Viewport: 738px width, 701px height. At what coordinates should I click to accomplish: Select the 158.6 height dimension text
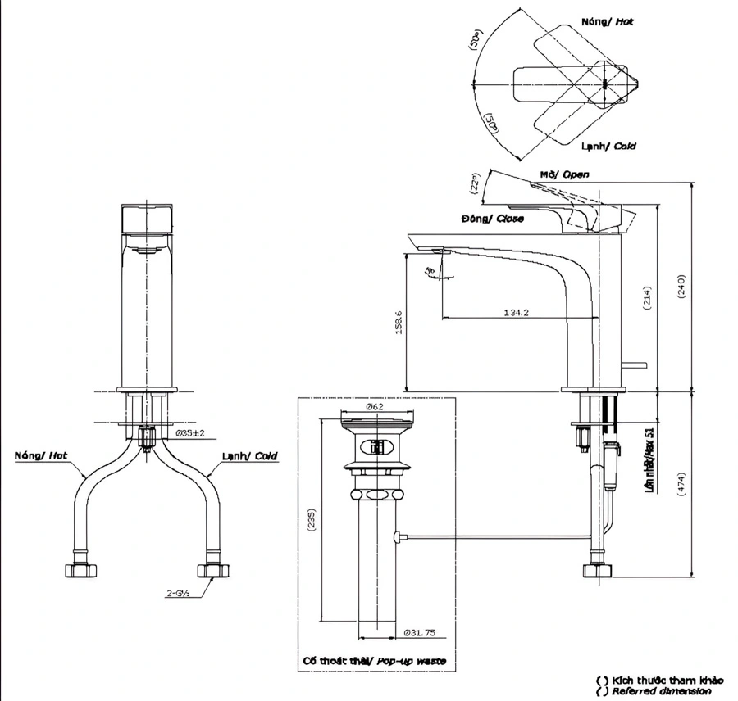click(399, 322)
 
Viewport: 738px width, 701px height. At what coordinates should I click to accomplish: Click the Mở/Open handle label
click(564, 174)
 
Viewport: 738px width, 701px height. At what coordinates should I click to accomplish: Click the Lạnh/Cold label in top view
click(608, 146)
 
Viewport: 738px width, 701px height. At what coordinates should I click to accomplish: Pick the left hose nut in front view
click(78, 569)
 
